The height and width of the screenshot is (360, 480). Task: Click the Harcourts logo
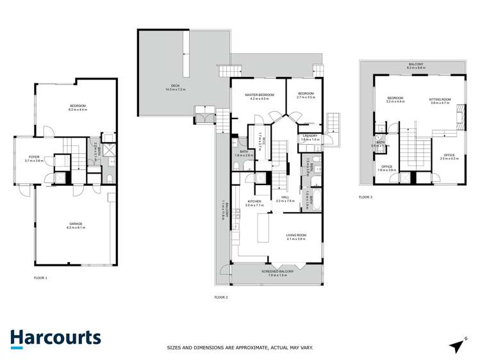[x=55, y=338]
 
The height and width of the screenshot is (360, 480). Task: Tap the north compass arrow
[x=457, y=345]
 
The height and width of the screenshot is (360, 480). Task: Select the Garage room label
[x=77, y=225]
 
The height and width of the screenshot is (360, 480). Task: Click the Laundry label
[x=310, y=136]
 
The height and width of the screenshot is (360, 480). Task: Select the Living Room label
[x=296, y=236]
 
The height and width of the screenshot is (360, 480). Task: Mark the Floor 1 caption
[x=41, y=277]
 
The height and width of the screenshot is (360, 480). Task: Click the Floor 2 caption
[x=221, y=297]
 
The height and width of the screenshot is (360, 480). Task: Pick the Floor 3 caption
[x=366, y=197]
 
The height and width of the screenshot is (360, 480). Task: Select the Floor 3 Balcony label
[x=416, y=65]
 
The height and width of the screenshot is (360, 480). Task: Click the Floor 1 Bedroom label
[x=77, y=107]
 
